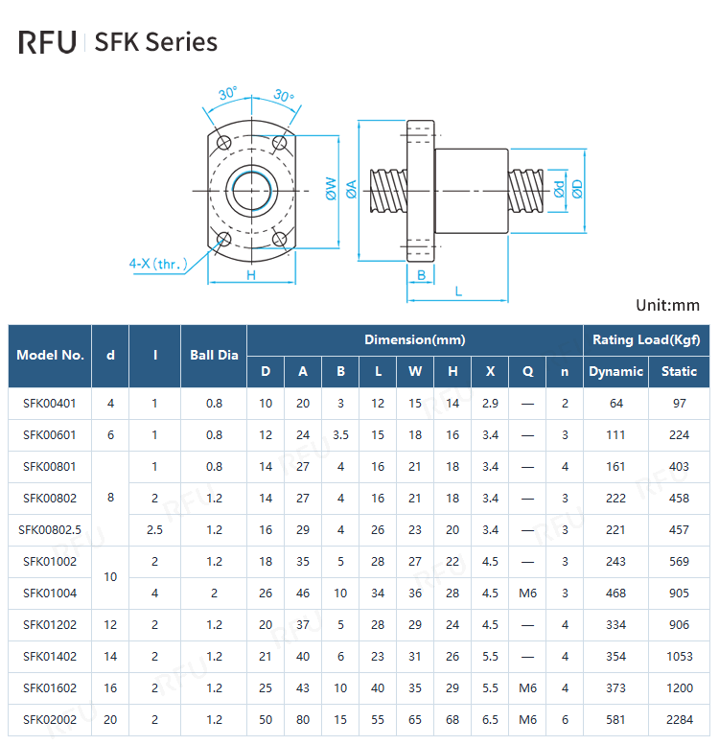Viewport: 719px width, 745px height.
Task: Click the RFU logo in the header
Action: tap(47, 42)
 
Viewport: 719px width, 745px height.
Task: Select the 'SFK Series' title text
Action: tap(156, 42)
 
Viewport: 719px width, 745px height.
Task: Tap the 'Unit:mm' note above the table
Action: tap(667, 305)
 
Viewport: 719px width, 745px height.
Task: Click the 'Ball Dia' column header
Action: tap(214, 355)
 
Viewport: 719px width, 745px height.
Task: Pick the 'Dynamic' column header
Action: tap(615, 371)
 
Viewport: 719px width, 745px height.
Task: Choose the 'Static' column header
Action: tap(679, 371)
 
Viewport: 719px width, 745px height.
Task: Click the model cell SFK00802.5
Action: tap(50, 529)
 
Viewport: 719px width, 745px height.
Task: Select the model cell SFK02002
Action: tap(50, 719)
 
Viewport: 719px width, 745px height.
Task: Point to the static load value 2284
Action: tap(679, 719)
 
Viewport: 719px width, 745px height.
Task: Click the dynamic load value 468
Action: tap(615, 593)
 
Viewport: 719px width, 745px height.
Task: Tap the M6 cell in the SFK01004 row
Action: tap(527, 593)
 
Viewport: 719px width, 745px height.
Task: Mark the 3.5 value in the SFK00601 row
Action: tap(340, 434)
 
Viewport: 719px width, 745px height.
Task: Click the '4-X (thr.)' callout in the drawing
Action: tap(158, 263)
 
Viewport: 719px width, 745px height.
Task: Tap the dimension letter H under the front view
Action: tap(250, 275)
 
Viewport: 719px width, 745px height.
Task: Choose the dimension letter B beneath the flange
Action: tap(421, 275)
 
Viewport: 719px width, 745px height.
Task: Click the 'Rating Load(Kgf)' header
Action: tap(646, 339)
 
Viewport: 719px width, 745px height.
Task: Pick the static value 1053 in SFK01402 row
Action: tap(679, 656)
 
